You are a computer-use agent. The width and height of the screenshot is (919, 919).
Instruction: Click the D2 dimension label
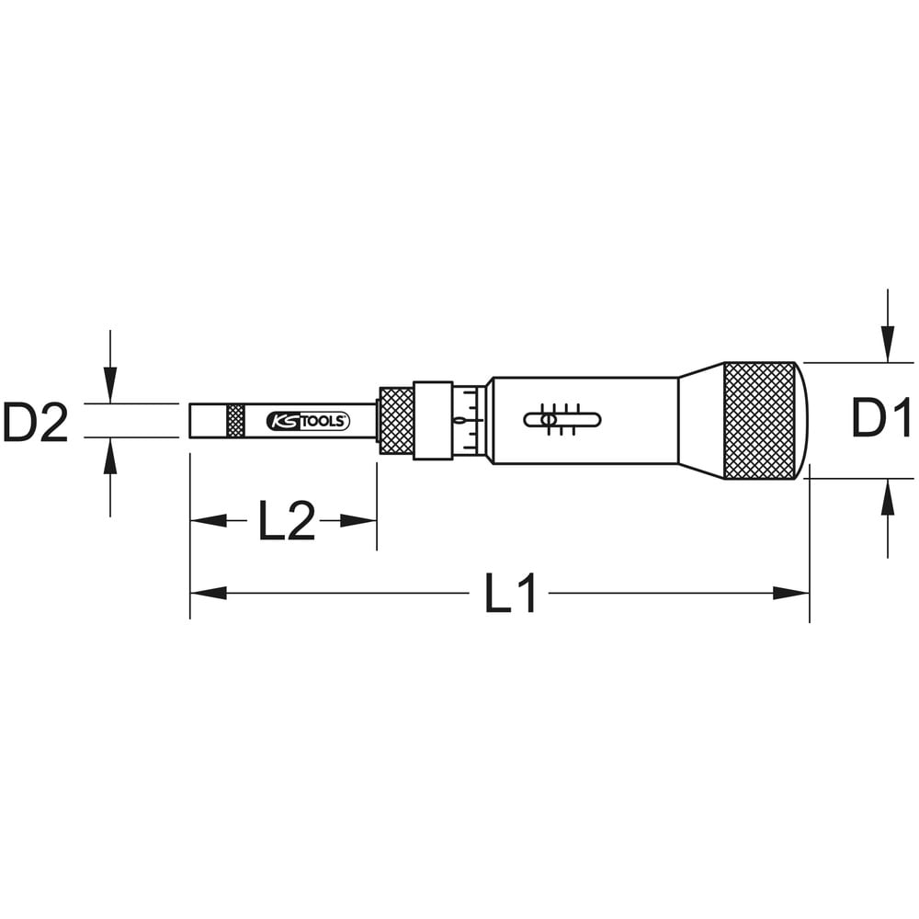tap(35, 422)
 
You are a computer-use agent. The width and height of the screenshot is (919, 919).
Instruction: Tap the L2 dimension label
tap(287, 520)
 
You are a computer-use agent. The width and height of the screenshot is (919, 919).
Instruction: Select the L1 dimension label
tap(510, 593)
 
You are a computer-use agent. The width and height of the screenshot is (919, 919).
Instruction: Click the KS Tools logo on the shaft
tap(308, 421)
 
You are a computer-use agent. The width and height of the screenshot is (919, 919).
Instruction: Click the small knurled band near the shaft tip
tap(235, 420)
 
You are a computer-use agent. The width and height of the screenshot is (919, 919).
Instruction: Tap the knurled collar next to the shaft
tap(396, 421)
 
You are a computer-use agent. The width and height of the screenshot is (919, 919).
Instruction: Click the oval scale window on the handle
tap(562, 420)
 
